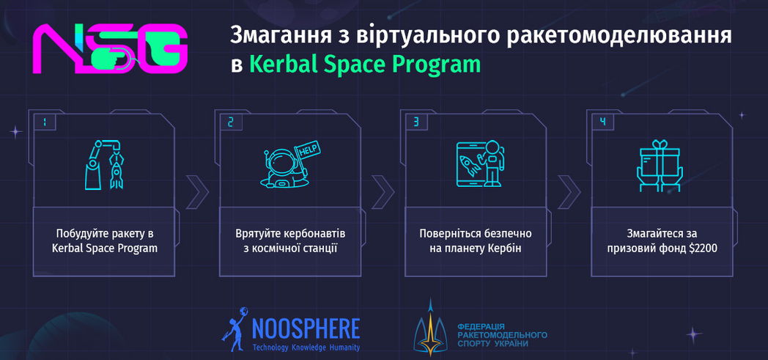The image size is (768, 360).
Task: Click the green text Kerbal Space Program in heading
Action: [365, 65]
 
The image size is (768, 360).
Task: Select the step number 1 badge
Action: [45, 122]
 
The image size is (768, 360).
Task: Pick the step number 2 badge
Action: [231, 122]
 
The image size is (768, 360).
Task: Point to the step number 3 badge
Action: [416, 122]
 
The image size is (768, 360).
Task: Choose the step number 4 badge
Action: [602, 122]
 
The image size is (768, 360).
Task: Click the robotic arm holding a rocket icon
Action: [104, 164]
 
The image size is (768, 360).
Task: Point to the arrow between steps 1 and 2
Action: [196, 191]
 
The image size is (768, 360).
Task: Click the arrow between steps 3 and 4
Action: [569, 191]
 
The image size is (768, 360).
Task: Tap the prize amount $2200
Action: [703, 249]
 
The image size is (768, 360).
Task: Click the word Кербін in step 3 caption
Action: [504, 249]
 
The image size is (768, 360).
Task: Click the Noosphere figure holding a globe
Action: [235, 329]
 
